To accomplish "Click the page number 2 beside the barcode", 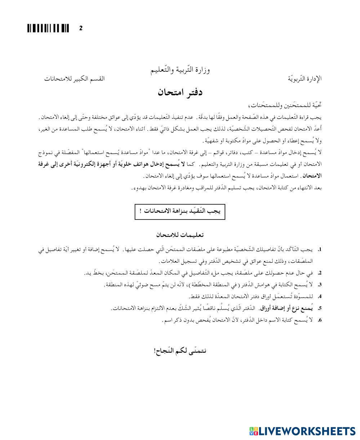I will (x=81, y=28).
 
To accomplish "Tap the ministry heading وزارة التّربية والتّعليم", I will (x=180, y=70).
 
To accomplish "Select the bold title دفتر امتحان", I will (x=180, y=92).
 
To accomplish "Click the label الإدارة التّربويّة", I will (x=305, y=79).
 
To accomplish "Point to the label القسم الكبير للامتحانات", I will (x=75, y=79).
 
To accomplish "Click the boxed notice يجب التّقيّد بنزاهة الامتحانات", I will (x=180, y=212).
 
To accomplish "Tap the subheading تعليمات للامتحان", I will (x=180, y=235).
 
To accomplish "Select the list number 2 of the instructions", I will (x=319, y=273).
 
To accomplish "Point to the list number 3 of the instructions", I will (x=319, y=285).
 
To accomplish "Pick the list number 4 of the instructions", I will (x=319, y=297).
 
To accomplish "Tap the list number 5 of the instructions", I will (x=319, y=308).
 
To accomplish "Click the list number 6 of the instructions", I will (x=319, y=320).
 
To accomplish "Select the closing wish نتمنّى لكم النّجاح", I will (x=180, y=350).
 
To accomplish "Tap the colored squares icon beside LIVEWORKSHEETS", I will (x=253, y=431).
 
